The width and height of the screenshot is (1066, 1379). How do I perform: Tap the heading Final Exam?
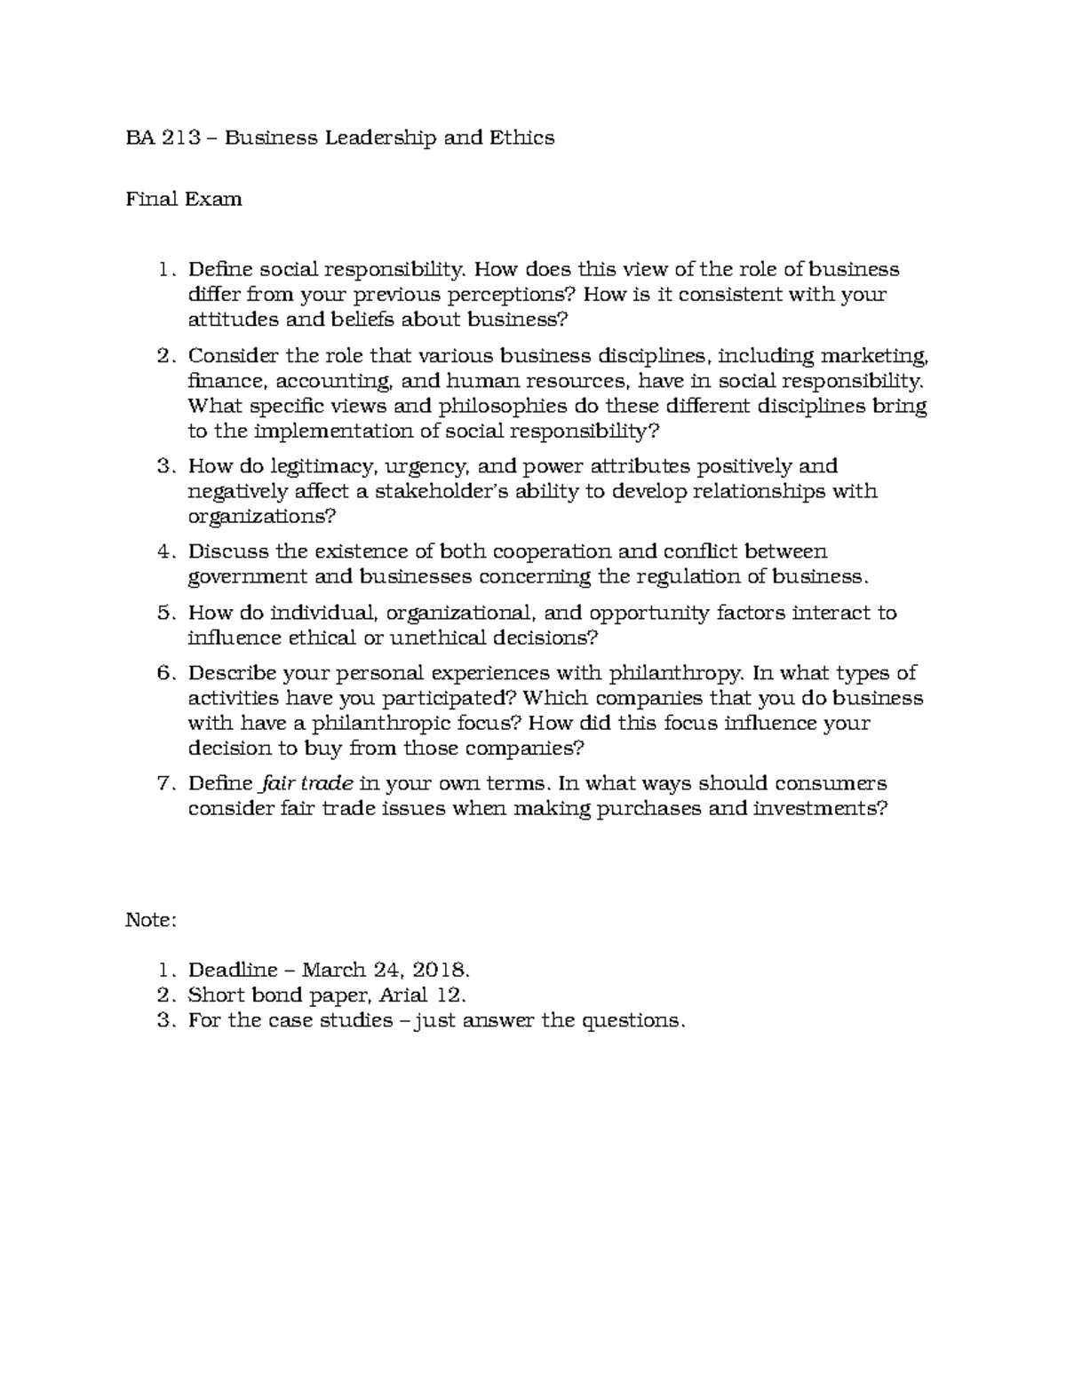click(x=184, y=199)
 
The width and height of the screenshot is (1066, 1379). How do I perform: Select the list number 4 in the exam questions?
click(x=163, y=551)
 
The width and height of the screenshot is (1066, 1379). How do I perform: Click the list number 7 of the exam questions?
click(x=163, y=783)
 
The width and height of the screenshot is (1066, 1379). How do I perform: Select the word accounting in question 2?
click(x=335, y=382)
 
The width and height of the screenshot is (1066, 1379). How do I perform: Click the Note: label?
click(x=152, y=920)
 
